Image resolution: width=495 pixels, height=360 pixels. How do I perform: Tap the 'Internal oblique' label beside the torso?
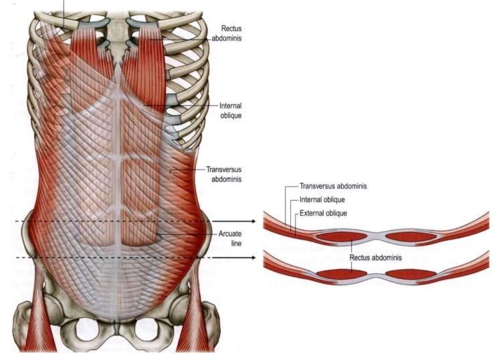click(229, 110)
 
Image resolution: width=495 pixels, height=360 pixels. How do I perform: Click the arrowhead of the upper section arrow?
click(252, 221)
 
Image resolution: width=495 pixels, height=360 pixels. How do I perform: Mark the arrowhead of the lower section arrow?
click(252, 257)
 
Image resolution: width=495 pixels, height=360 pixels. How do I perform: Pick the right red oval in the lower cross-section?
click(409, 274)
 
